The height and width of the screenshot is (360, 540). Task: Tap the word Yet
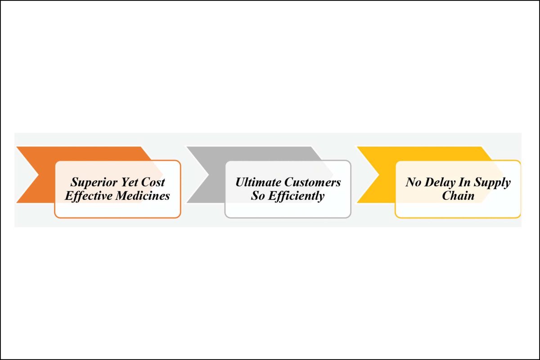[129, 182]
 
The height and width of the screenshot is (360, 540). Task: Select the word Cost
[153, 182]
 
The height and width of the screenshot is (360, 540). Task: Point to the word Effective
[89, 196]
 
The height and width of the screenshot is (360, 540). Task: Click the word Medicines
[143, 196]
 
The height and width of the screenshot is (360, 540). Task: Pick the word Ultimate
[258, 182]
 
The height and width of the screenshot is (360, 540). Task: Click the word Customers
[312, 182]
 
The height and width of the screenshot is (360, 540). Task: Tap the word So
[258, 196]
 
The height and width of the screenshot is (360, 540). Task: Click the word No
[414, 182]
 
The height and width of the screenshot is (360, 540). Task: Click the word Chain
[458, 196]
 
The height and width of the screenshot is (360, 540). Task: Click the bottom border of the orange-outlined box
[117, 218]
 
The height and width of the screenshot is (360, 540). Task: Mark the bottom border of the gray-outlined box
[288, 218]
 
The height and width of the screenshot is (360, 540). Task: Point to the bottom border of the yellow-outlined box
[458, 218]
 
